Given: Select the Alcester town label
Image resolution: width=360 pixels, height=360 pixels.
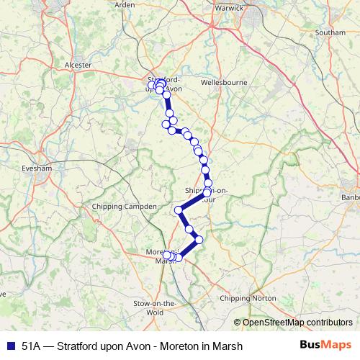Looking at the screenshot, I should pos(78,65).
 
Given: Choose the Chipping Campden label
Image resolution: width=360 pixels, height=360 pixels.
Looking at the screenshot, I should pos(125,207).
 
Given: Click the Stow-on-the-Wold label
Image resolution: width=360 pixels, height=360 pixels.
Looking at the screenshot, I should pos(155,308).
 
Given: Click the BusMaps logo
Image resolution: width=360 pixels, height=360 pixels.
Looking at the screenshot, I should pos(325,345).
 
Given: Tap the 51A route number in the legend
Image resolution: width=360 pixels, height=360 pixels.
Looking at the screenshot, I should pos(31,346).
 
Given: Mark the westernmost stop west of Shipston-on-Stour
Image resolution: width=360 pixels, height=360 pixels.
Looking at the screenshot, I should pos(179,210).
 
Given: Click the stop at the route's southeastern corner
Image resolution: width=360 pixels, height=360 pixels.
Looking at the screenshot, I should pos(199,239).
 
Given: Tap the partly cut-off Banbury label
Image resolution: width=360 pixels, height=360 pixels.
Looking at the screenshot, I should pos(351,199).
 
